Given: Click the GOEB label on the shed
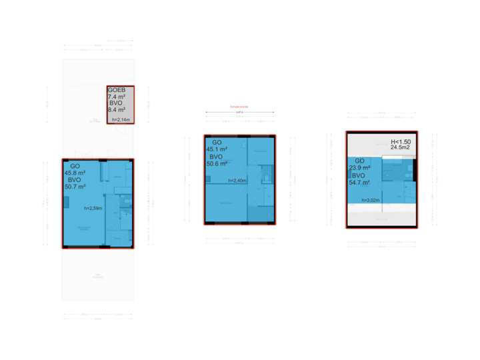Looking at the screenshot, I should pyautogui.click(x=117, y=90).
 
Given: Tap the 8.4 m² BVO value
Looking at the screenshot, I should pyautogui.click(x=118, y=111).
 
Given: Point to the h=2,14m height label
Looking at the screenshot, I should pyautogui.click(x=122, y=120).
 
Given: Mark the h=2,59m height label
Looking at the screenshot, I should pyautogui.click(x=93, y=209).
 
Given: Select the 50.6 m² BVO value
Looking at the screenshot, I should pyautogui.click(x=220, y=163).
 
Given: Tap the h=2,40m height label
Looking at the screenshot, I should pyautogui.click(x=237, y=181).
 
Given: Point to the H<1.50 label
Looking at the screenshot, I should pyautogui.click(x=401, y=142).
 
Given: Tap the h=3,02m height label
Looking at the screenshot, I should pyautogui.click(x=370, y=199).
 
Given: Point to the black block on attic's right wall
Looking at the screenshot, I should pyautogui.click(x=414, y=169).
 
